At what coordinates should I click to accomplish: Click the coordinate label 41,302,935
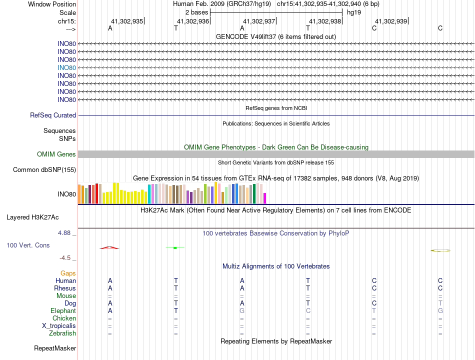click(x=127, y=21)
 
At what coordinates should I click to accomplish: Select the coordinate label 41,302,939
click(x=391, y=21)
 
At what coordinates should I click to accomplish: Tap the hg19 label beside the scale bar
click(x=354, y=12)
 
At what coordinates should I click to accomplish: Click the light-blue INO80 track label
click(x=66, y=67)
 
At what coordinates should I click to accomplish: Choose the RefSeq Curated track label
click(x=53, y=115)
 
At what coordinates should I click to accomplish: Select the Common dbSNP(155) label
click(x=44, y=170)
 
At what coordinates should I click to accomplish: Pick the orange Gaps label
click(x=68, y=273)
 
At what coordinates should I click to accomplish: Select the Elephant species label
click(x=63, y=310)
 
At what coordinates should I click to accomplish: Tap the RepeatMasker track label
click(x=55, y=348)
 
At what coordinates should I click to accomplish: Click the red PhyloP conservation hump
click(x=109, y=247)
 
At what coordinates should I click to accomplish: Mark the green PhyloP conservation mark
click(x=175, y=247)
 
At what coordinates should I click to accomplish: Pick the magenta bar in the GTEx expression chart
click(x=265, y=198)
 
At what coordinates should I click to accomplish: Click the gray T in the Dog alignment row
click(x=440, y=303)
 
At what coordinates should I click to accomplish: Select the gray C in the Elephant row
click(x=308, y=310)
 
